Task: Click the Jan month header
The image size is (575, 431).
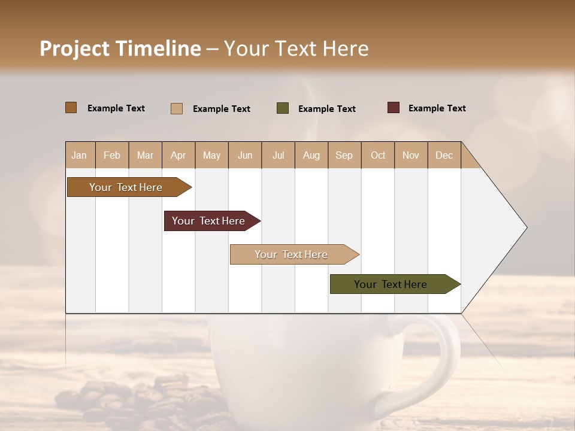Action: [x=80, y=155]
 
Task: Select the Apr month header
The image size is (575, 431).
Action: [x=178, y=155]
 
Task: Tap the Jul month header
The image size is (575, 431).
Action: [x=278, y=155]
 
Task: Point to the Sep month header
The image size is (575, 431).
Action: [x=344, y=155]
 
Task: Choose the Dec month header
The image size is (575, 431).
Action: [x=444, y=155]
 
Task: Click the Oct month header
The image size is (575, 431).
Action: [x=377, y=155]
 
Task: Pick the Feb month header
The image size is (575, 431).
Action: [x=112, y=155]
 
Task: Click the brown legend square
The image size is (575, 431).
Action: [x=71, y=108]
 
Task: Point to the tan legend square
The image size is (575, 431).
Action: [x=176, y=108]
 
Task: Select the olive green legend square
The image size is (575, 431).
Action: [x=282, y=108]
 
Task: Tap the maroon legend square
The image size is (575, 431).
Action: [x=393, y=108]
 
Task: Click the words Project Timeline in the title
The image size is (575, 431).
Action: [x=120, y=48]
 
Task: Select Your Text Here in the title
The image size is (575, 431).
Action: [x=296, y=48]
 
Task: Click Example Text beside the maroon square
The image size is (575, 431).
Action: [x=437, y=108]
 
